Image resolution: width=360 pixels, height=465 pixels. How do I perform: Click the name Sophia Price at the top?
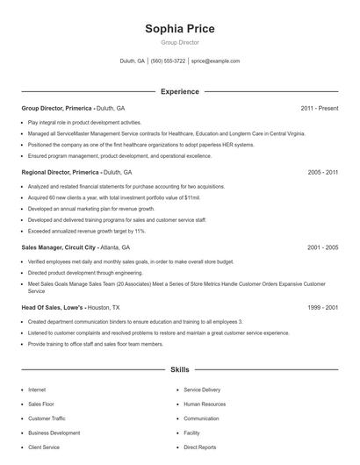[180, 28]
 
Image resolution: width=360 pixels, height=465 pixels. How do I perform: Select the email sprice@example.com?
[215, 61]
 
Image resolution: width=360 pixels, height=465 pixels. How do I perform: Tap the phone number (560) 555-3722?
[168, 61]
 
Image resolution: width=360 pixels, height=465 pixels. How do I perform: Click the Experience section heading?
[180, 91]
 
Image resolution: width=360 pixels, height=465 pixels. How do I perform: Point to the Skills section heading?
[180, 371]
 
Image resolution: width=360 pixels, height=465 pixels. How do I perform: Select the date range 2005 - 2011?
[322, 173]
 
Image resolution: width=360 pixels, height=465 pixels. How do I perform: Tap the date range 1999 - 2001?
[322, 308]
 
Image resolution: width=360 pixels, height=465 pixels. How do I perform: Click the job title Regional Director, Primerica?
[60, 173]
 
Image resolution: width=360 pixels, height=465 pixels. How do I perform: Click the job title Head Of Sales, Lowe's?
[53, 308]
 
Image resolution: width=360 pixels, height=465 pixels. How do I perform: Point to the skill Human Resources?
[204, 404]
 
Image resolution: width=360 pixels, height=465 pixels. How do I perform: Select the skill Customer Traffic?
[47, 418]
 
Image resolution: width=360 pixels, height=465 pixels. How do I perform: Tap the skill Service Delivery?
[202, 389]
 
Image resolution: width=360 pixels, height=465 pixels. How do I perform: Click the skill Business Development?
[54, 433]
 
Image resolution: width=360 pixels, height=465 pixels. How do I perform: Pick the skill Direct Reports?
[199, 447]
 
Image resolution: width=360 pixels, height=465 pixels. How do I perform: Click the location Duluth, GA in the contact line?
[132, 61]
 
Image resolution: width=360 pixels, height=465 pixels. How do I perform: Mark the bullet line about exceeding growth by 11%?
[87, 231]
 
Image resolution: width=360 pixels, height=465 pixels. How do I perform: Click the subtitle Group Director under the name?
[180, 42]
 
